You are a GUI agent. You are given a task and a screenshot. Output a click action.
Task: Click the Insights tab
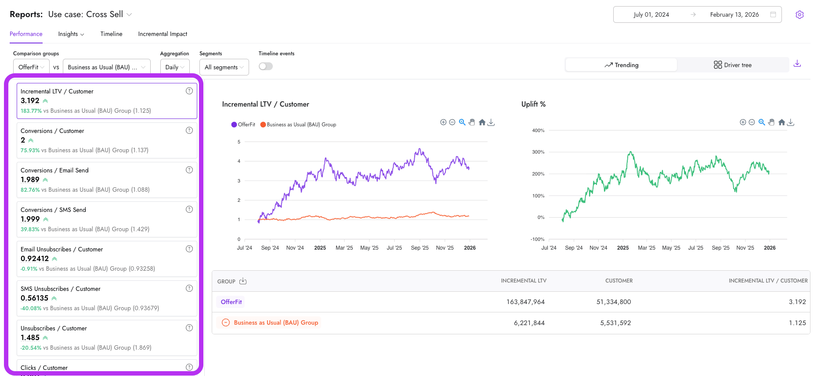coord(71,34)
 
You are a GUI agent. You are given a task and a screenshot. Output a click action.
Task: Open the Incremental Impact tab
coord(163,34)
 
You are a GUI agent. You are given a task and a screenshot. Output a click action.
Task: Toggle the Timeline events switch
coord(266,66)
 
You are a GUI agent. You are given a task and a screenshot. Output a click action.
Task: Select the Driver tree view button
coord(732,65)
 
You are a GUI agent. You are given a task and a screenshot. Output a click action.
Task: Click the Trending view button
coord(621,65)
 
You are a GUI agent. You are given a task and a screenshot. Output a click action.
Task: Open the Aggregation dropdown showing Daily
coord(175,67)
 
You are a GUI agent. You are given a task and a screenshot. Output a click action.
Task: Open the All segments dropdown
coord(224,67)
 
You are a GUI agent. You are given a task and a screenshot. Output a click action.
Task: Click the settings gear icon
coord(799,14)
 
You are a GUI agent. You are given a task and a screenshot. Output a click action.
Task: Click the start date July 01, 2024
coord(651,14)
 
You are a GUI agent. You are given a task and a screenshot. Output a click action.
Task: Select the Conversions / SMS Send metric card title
coord(53,210)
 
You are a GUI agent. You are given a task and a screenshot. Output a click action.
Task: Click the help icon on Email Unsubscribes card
coord(189,249)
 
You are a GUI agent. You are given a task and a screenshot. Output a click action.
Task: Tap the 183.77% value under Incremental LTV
coord(31,111)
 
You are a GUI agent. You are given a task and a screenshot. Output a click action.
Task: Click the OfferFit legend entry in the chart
coord(243,125)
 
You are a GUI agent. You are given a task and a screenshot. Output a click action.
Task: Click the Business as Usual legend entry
coord(298,125)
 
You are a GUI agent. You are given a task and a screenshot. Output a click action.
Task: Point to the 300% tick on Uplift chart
coord(538,152)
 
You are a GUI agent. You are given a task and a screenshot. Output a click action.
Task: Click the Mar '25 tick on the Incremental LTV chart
coord(344,248)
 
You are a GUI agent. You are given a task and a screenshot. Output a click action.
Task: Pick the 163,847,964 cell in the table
coord(525,302)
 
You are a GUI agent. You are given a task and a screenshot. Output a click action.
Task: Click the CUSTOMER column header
coord(618,281)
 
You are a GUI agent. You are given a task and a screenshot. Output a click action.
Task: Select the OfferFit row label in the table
coord(231,302)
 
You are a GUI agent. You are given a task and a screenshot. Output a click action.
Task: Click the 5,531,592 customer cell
coord(615,323)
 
